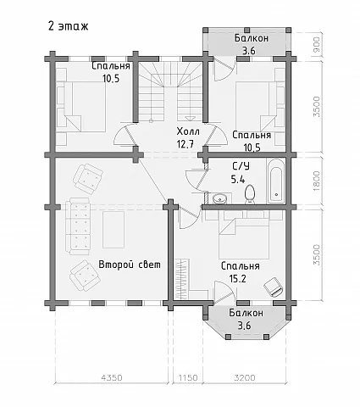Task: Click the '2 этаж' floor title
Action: pyautogui.click(x=68, y=26)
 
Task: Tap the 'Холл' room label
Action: pyautogui.click(x=188, y=131)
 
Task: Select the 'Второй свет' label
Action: pyautogui.click(x=130, y=265)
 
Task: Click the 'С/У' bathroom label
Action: pyautogui.click(x=241, y=166)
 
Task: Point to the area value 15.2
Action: pyautogui.click(x=238, y=279)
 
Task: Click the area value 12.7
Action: pyautogui.click(x=186, y=144)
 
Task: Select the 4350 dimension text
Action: pyautogui.click(x=112, y=377)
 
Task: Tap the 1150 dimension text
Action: pyautogui.click(x=188, y=377)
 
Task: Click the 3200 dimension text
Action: pyautogui.click(x=245, y=377)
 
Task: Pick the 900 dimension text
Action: pyautogui.click(x=317, y=45)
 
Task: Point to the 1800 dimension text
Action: pyautogui.click(x=317, y=181)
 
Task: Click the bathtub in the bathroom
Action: pyautogui.click(x=276, y=181)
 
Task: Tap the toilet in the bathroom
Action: pyautogui.click(x=250, y=194)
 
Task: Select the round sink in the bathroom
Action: pyautogui.click(x=219, y=198)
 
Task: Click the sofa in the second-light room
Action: pyautogui.click(x=78, y=226)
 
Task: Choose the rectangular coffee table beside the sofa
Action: pyautogui.click(x=114, y=230)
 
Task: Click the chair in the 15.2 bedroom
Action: pyautogui.click(x=273, y=287)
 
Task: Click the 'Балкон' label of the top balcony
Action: pyautogui.click(x=252, y=38)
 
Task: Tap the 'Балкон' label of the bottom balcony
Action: pyautogui.click(x=246, y=313)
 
